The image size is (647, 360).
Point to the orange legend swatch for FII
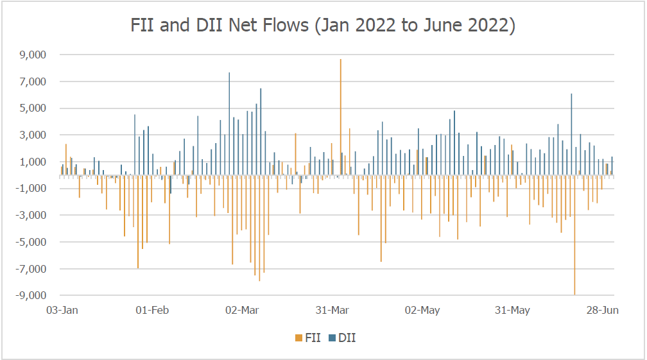[297, 338]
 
